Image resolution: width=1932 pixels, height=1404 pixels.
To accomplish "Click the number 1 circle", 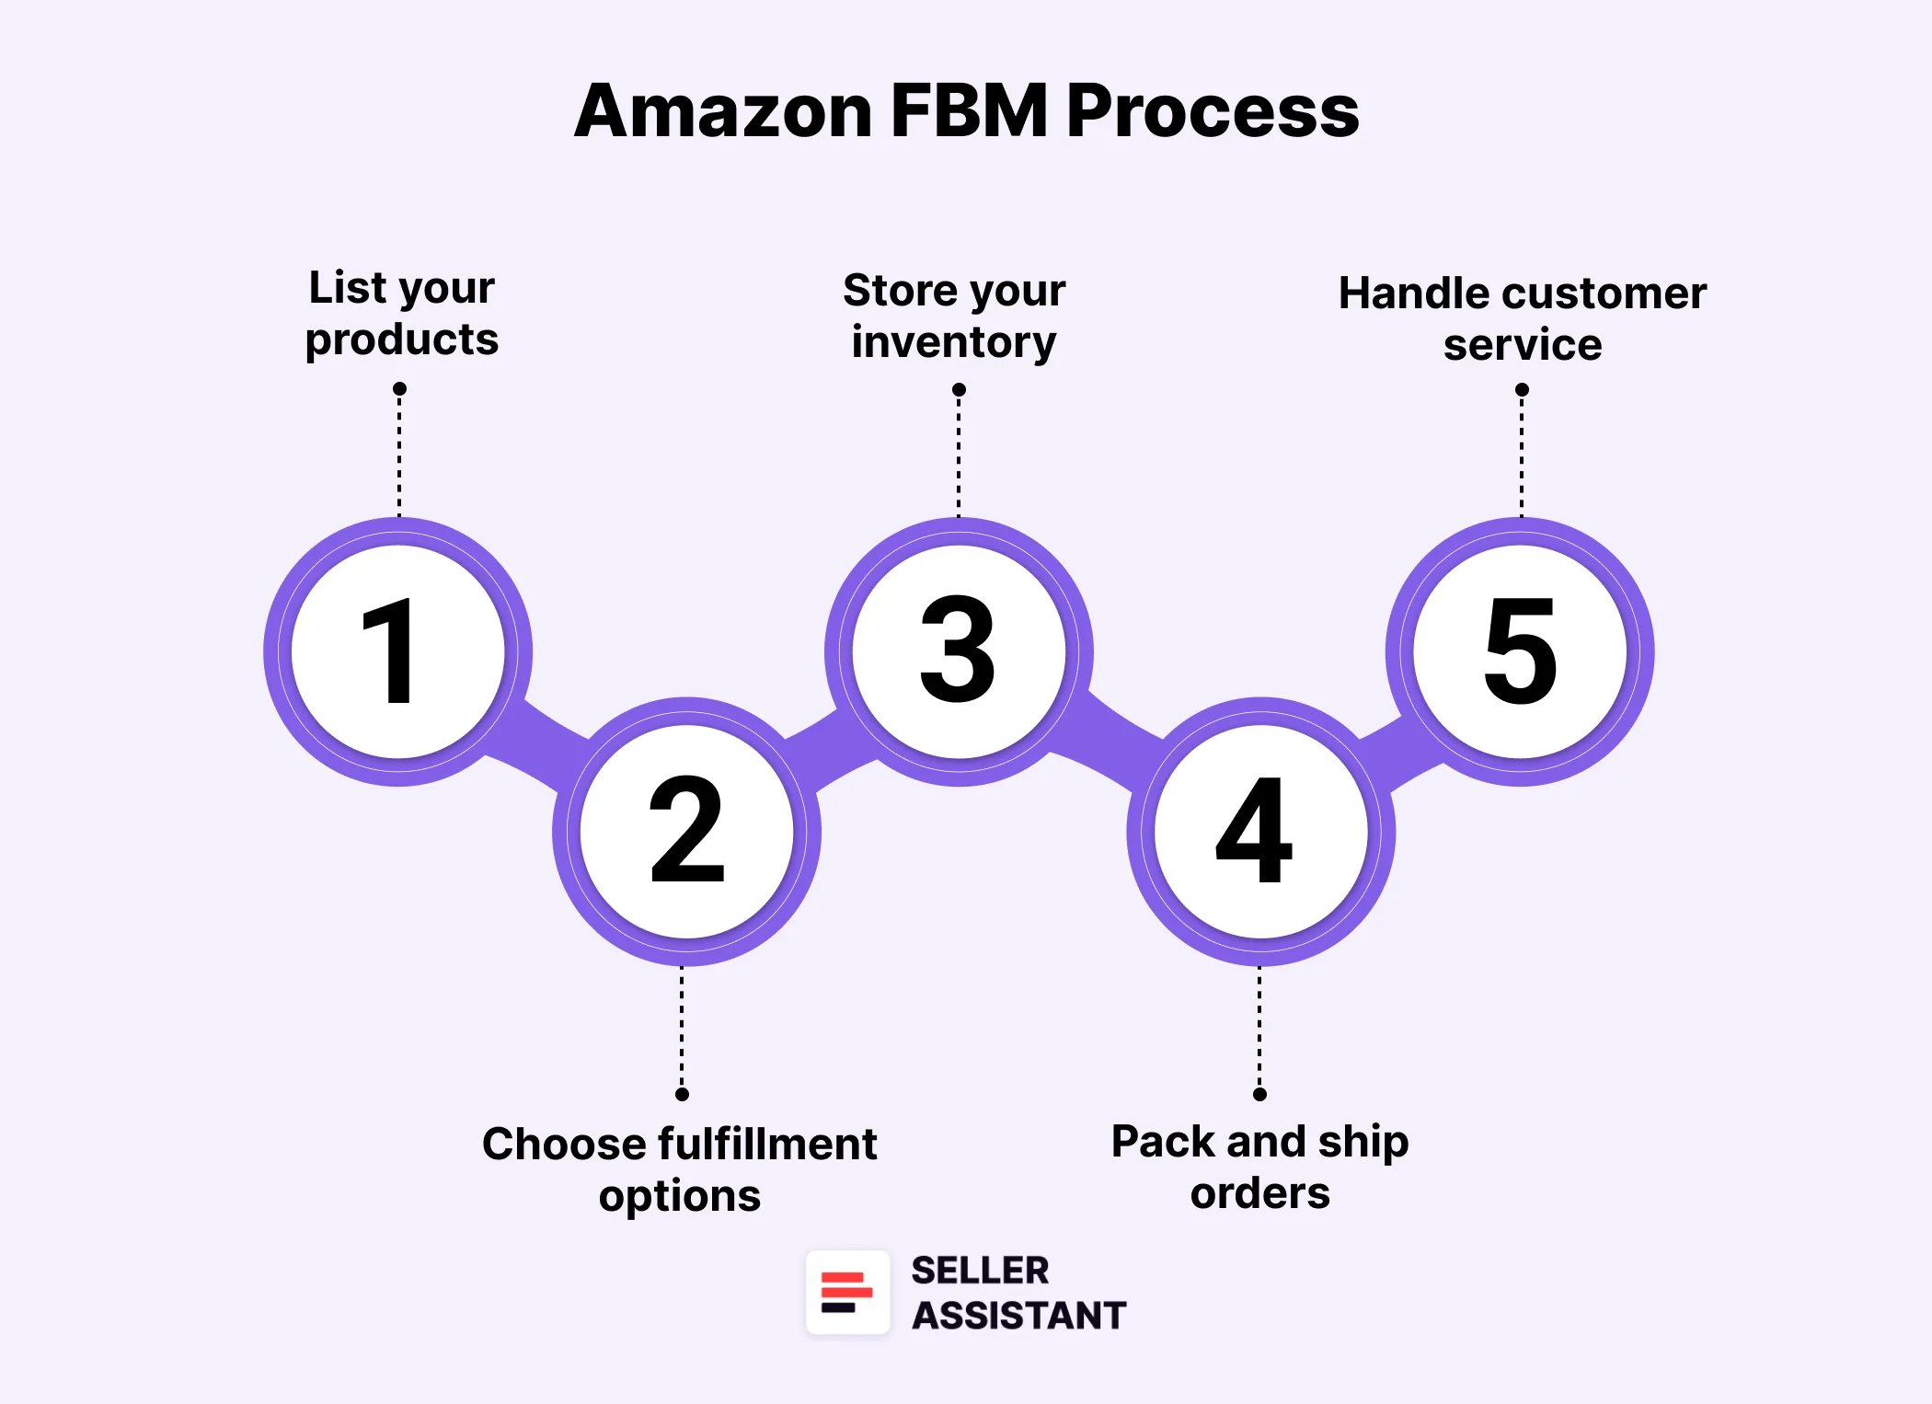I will (x=397, y=651).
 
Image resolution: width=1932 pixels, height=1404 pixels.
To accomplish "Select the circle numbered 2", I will (x=686, y=831).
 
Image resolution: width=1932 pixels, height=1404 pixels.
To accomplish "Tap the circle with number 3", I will (x=959, y=651).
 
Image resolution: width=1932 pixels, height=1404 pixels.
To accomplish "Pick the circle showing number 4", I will (x=1260, y=831).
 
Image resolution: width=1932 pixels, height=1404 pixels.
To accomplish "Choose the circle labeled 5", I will (x=1520, y=651).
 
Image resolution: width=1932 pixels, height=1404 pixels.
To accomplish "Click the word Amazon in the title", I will (x=723, y=111).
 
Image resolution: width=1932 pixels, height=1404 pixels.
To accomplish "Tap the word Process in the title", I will (x=1213, y=111).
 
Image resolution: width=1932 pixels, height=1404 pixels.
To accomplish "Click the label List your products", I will (x=402, y=313).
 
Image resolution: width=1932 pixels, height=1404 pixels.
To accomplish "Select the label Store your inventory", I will (x=954, y=316).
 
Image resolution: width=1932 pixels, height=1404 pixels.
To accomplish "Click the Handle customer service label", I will (x=1522, y=318).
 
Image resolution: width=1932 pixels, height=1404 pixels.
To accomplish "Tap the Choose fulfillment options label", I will (x=680, y=1169).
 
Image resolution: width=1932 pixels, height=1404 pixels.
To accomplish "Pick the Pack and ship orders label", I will (x=1259, y=1167).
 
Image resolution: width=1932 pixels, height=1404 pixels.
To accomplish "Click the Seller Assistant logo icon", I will (x=847, y=1292).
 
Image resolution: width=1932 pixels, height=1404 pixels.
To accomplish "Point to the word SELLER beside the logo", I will (x=980, y=1271).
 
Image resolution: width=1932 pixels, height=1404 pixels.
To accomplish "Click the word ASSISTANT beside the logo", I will (x=1018, y=1316).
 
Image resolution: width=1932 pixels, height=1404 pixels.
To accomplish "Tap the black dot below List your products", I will (x=399, y=389).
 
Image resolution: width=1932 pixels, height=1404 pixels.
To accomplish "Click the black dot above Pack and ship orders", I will (x=1259, y=1094).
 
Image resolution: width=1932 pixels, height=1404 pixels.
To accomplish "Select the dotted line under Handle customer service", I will (x=1522, y=455).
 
